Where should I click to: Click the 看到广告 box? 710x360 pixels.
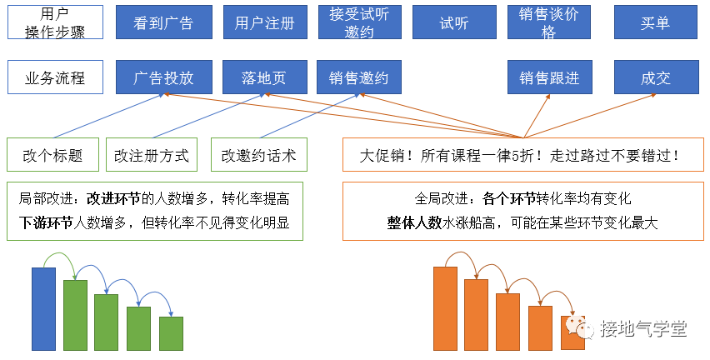[163, 22]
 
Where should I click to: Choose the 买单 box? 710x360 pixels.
[655, 22]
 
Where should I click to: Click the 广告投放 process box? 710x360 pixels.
[163, 77]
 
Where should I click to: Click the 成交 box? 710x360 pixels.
[655, 77]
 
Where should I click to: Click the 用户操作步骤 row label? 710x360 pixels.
[55, 22]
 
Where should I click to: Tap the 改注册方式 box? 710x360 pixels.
[152, 155]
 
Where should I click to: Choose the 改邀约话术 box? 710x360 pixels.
[258, 155]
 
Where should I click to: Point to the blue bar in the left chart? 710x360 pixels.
[43, 308]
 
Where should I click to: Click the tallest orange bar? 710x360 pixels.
[445, 308]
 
